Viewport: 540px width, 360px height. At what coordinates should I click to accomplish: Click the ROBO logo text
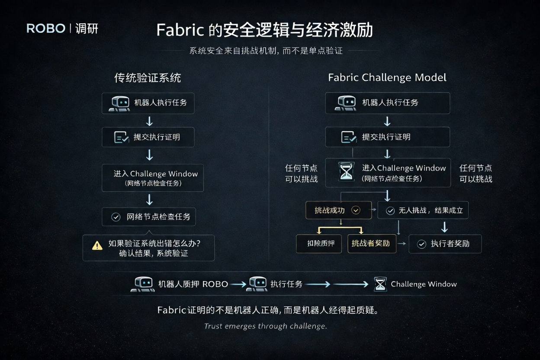pyautogui.click(x=46, y=29)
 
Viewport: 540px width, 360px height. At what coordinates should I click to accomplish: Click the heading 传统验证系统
pyautogui.click(x=148, y=78)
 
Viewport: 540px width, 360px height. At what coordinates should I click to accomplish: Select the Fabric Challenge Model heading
pyautogui.click(x=387, y=78)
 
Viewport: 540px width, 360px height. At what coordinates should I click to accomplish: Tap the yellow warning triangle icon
pyautogui.click(x=97, y=245)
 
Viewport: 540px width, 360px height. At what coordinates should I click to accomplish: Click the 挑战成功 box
pyautogui.click(x=338, y=210)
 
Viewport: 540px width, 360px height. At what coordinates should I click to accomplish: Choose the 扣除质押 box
pyautogui.click(x=319, y=244)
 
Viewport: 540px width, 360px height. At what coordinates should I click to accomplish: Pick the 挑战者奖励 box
pyautogui.click(x=372, y=244)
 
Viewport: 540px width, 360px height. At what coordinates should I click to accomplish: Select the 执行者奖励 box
pyautogui.click(x=445, y=244)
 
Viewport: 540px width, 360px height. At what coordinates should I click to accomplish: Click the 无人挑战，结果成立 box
pyautogui.click(x=423, y=211)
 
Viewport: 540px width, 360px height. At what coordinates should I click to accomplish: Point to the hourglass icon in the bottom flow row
pyautogui.click(x=380, y=284)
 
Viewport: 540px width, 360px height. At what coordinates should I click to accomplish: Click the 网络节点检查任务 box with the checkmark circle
pyautogui.click(x=149, y=217)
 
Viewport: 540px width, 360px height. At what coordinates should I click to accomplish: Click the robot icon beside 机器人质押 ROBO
pyautogui.click(x=142, y=284)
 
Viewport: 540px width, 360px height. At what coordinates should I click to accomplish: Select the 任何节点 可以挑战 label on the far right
pyautogui.click(x=476, y=174)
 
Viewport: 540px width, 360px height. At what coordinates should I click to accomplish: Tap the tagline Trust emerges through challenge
pyautogui.click(x=265, y=326)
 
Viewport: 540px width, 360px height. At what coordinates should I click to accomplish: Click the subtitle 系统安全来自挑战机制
pyautogui.click(x=266, y=51)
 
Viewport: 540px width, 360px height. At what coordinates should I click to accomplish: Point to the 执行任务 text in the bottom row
pyautogui.click(x=286, y=284)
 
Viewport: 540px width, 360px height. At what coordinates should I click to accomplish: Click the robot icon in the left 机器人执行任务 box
pyautogui.click(x=119, y=103)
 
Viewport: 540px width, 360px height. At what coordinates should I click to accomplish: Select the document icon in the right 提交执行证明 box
pyautogui.click(x=349, y=137)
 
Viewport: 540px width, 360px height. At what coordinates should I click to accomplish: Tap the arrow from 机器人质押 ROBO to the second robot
pyautogui.click(x=238, y=284)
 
